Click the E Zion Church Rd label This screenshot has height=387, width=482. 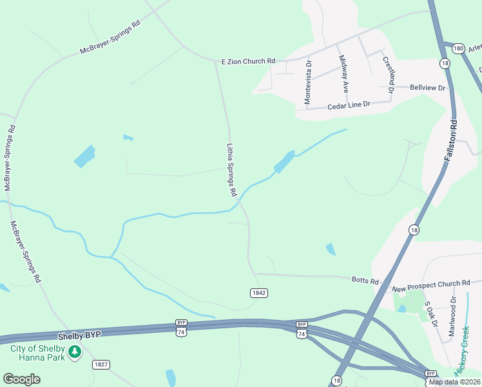tap(248, 61)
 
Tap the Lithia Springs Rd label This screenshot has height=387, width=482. tap(232, 170)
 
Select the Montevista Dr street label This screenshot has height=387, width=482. tap(307, 82)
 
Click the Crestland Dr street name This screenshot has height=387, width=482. tap(388, 74)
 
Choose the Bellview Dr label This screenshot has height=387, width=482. tap(428, 88)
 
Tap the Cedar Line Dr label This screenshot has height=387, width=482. tap(349, 104)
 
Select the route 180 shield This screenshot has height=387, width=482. tap(458, 48)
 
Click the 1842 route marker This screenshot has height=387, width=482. tap(259, 293)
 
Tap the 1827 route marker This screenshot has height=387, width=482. tap(101, 364)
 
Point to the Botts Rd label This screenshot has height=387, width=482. tap(365, 280)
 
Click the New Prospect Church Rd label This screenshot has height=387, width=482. tap(430, 283)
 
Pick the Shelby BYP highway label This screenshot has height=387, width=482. tap(79, 336)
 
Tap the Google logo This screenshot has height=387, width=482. tap(21, 379)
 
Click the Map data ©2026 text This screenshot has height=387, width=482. tap(454, 382)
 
